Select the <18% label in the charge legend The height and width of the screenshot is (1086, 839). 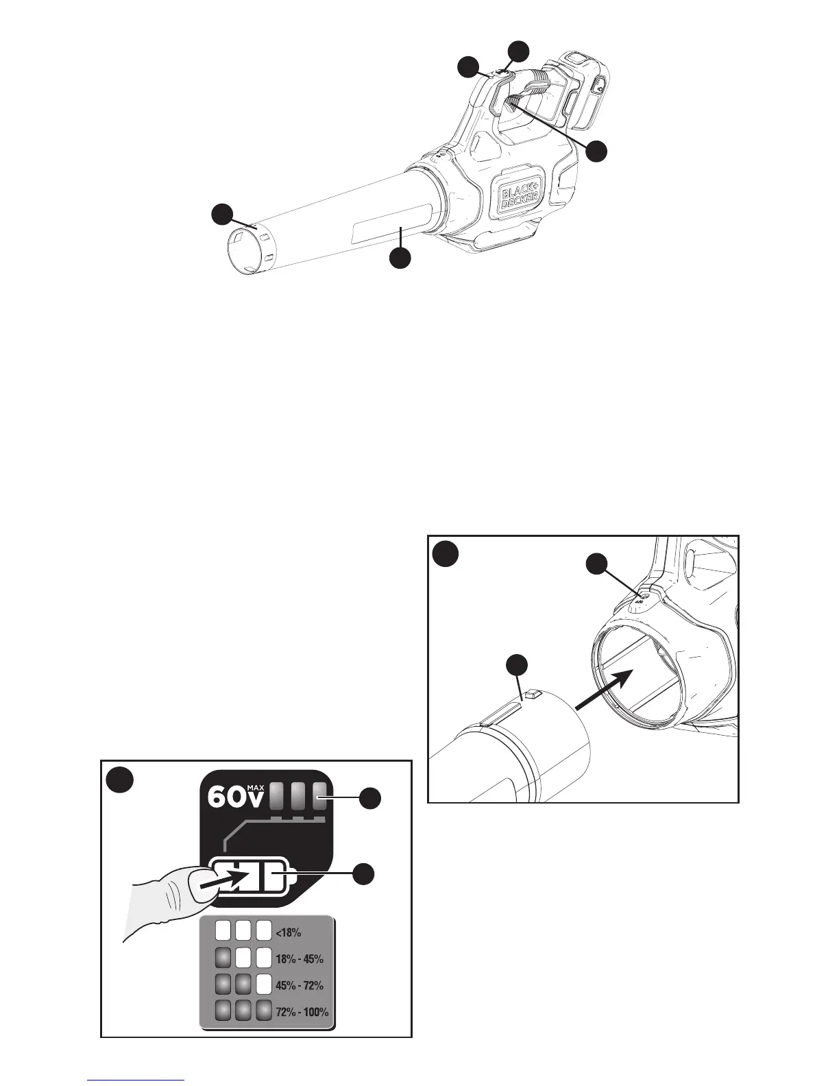[289, 933]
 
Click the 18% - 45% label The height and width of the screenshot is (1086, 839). [299, 959]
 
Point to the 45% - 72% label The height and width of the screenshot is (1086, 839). [299, 986]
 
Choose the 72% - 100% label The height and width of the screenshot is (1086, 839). [302, 1012]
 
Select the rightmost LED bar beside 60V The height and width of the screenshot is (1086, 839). [319, 797]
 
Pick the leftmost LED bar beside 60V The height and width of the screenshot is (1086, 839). [276, 797]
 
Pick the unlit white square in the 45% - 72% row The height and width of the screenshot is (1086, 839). [264, 985]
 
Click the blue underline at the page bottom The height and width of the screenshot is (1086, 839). [136, 1081]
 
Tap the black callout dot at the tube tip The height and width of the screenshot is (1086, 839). [221, 213]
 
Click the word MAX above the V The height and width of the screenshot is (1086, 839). [255, 788]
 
